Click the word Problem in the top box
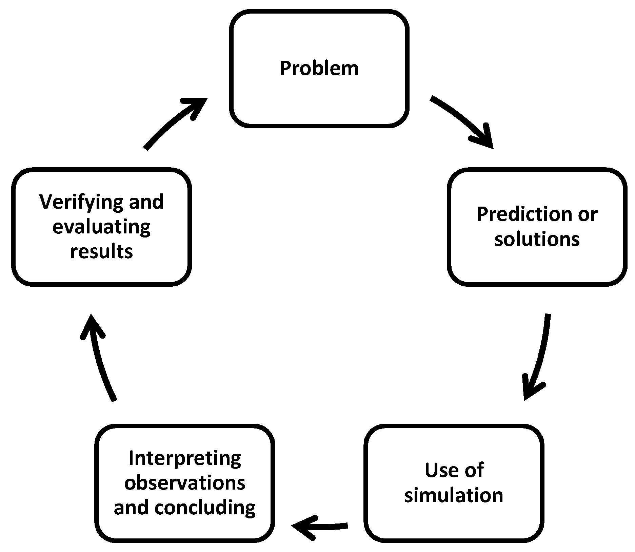coord(319,69)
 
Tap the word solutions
coord(537,240)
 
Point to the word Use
coord(440,471)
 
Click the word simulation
coord(454,496)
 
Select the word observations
coord(185,483)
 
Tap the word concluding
coord(205,508)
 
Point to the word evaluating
coord(101,227)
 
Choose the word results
coord(101,252)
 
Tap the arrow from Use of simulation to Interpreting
coord(319,527)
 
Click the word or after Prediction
coord(588,214)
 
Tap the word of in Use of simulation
coord(475,471)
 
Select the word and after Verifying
coord(146,202)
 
